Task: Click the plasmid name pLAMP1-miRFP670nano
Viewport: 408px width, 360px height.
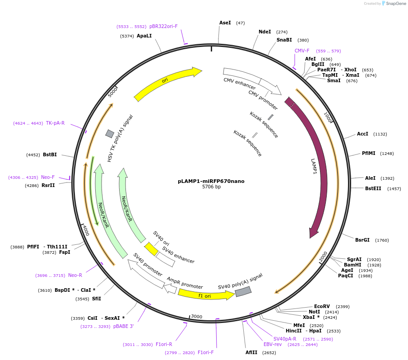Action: (x=211, y=181)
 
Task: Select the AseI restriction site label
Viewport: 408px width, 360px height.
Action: (x=225, y=23)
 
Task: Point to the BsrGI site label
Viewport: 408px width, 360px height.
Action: (x=362, y=240)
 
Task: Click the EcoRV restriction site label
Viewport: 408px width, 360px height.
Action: (x=322, y=306)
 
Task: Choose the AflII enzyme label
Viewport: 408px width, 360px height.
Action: (x=251, y=352)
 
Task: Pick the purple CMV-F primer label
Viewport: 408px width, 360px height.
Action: (x=302, y=51)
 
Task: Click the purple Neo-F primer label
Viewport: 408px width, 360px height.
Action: (x=47, y=178)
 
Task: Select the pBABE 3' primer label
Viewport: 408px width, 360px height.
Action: (x=123, y=326)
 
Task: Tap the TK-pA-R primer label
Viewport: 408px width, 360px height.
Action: (x=55, y=123)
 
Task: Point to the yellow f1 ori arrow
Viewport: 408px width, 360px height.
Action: (x=205, y=295)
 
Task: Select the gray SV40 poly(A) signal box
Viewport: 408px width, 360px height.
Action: (x=243, y=291)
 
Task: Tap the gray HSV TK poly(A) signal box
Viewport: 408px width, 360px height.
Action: (x=110, y=133)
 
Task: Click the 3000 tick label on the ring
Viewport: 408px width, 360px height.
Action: (x=196, y=317)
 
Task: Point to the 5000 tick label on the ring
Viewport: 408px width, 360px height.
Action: (x=113, y=92)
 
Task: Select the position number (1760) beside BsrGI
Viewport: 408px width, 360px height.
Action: (x=381, y=240)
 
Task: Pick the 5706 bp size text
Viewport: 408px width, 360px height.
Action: (x=211, y=187)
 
